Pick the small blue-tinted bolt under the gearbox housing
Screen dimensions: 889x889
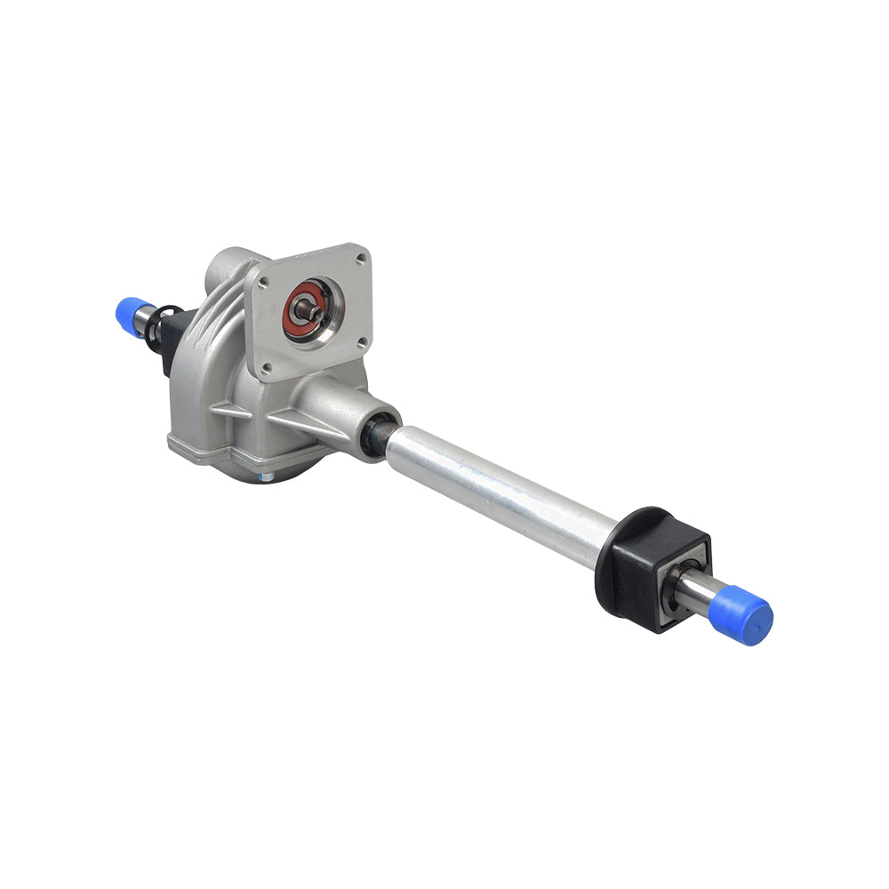click(263, 478)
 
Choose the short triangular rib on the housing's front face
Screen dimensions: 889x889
click(228, 411)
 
